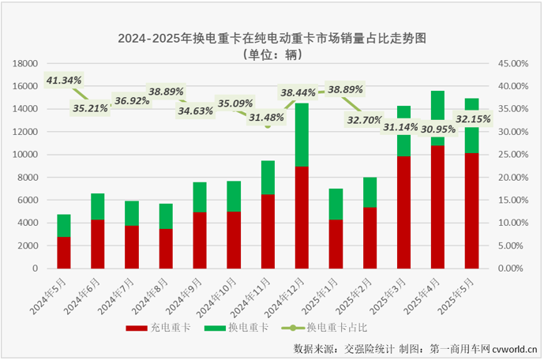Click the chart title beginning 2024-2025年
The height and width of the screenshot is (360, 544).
coord(272,38)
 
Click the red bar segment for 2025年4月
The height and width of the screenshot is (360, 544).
coord(437,207)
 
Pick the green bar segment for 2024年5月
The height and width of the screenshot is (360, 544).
coord(64,226)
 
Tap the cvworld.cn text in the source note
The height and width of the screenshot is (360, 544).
coord(512,347)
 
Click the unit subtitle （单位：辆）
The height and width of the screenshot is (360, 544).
coord(272,55)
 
